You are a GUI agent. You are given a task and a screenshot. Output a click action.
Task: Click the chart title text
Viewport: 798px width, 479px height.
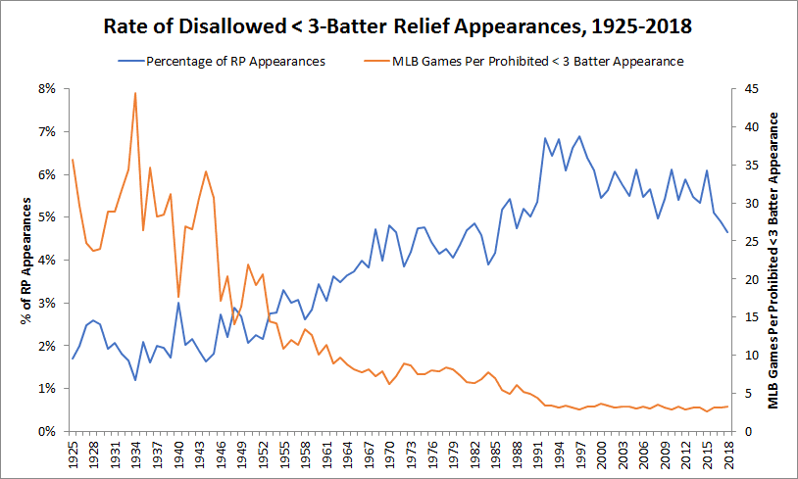pos(398,25)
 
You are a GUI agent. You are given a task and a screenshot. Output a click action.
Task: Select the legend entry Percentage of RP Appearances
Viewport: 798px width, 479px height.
pos(235,61)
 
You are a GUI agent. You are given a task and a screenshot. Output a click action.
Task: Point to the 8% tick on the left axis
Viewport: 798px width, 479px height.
pos(46,88)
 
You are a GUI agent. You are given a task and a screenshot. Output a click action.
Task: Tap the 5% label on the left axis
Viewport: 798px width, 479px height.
pos(46,216)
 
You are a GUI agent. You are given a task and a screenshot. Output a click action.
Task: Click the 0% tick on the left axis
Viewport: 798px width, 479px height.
pos(46,431)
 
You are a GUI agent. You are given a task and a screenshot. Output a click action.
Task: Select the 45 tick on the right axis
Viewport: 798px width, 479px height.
pos(750,88)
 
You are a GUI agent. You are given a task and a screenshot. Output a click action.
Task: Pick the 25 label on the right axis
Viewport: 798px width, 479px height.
pos(750,241)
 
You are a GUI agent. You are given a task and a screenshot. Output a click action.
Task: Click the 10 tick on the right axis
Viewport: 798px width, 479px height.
pos(750,355)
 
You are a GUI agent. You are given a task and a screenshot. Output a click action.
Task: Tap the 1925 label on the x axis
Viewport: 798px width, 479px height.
pos(73,455)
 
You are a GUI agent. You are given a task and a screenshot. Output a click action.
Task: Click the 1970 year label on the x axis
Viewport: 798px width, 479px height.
pos(389,455)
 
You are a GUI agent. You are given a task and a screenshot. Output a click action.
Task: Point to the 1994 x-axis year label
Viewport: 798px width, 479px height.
pos(558,455)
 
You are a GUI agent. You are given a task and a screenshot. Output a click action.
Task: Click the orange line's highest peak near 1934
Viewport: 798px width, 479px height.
pos(135,93)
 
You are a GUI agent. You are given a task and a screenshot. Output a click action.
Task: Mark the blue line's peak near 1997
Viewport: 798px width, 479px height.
pos(578,136)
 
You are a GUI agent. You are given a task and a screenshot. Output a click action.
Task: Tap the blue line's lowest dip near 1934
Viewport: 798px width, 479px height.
pos(135,380)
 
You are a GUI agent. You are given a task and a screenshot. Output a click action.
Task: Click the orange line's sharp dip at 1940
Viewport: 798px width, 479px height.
pos(178,297)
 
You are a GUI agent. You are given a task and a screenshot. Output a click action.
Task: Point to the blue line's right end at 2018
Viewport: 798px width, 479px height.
pos(726,232)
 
